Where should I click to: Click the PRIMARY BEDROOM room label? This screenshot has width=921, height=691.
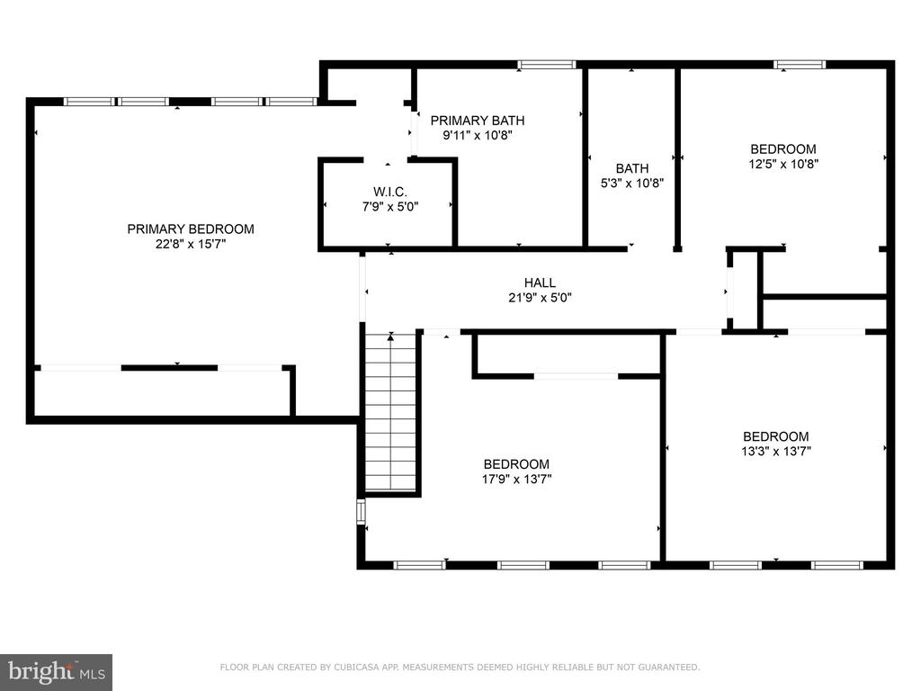191,229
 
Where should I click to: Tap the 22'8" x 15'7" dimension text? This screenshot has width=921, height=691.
191,244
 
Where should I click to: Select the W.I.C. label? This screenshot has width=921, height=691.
390,193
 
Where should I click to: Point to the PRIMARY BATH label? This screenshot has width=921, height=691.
478,121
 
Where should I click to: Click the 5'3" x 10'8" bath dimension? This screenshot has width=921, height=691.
632,183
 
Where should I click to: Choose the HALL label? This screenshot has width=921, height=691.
540,283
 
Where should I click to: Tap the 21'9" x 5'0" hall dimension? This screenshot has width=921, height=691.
540,297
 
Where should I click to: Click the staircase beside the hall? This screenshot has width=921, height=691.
390,411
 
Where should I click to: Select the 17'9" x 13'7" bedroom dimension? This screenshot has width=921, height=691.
517,479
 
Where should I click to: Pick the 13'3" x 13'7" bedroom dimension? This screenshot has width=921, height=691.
776,452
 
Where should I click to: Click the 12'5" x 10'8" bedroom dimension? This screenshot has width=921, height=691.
783,164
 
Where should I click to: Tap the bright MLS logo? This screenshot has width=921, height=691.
57,672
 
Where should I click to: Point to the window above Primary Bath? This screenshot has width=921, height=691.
547,65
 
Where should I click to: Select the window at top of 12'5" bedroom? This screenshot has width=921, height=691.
800,65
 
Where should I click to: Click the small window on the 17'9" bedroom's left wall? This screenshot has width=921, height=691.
362,512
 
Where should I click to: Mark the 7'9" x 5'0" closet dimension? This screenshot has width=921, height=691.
390,207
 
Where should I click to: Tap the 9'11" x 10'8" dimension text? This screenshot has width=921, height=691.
478,135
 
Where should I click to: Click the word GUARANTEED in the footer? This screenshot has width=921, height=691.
668,667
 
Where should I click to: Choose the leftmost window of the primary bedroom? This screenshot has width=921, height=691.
89,102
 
